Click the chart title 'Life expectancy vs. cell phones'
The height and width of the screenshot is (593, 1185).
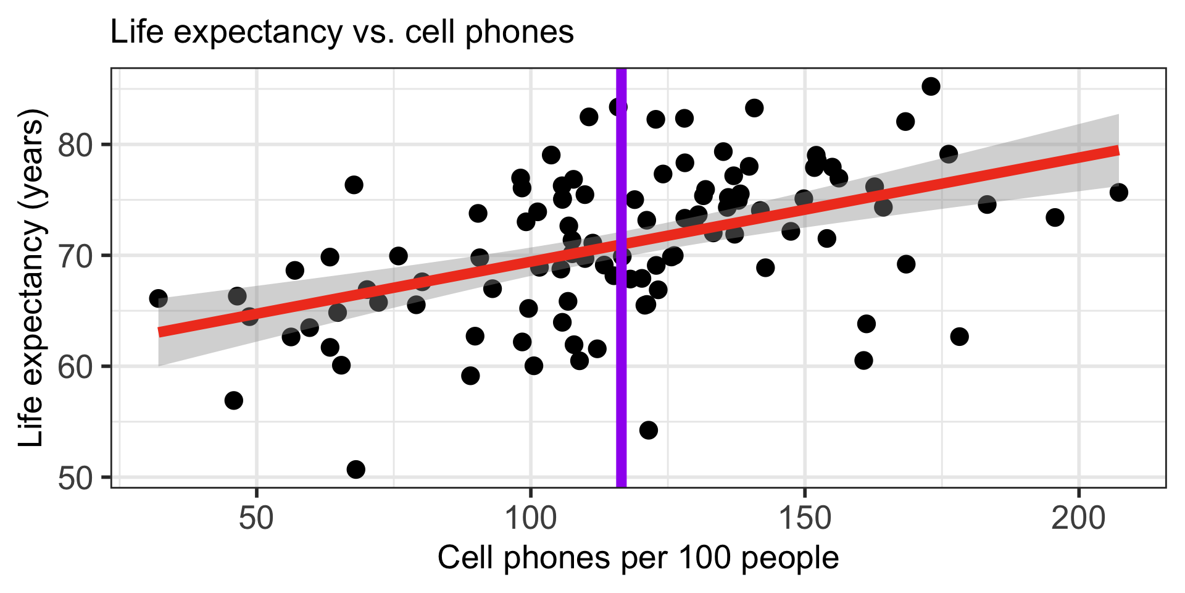coord(341,32)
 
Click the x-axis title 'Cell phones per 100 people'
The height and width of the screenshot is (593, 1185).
coord(638,558)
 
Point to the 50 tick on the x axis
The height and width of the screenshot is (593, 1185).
coord(256,518)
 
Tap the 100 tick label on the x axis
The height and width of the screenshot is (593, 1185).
coord(530,518)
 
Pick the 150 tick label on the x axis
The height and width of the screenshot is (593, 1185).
coord(804,518)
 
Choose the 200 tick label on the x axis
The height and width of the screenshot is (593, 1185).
coord(1078,518)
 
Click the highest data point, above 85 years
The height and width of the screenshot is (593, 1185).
coord(931,86)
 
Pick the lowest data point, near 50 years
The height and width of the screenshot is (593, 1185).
coord(355,469)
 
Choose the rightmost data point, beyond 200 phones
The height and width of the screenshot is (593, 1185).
coord(1118,193)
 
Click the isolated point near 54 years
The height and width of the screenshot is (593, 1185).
coord(648,430)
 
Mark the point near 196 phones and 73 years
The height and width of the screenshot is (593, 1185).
coord(1055,217)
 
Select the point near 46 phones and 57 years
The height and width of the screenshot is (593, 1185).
coord(234,400)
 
